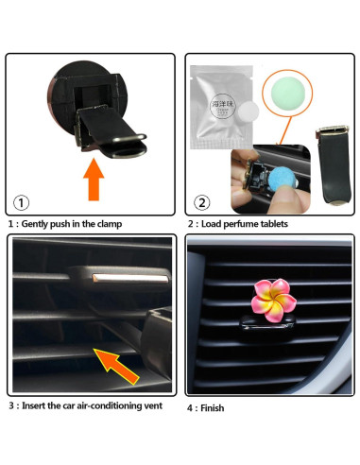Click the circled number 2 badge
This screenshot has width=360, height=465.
tap(202, 201)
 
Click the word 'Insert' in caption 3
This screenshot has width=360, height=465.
tap(35, 405)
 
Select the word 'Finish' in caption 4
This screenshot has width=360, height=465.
tap(213, 408)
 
